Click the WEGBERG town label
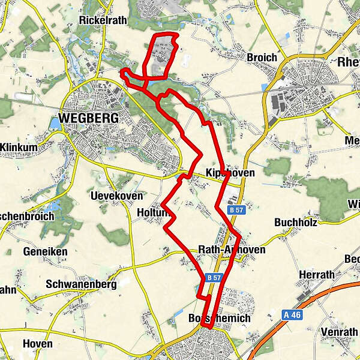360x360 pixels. [89, 118]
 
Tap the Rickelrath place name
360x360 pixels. [103, 20]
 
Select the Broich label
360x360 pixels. [262, 58]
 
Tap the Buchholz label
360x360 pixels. [294, 222]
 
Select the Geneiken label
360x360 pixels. [46, 252]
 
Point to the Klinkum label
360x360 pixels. [20, 147]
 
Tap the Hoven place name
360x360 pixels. [37, 344]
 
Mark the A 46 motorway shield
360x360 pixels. [292, 314]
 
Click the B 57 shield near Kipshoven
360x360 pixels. [235, 210]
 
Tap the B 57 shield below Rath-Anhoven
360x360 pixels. [214, 278]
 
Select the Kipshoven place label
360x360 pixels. [230, 173]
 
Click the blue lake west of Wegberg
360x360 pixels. [55, 123]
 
